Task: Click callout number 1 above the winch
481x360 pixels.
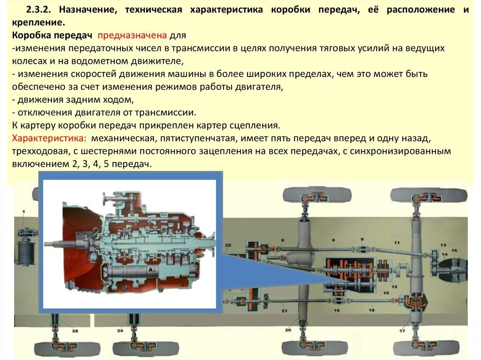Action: click(x=23, y=214)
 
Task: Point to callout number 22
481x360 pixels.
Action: click(x=228, y=245)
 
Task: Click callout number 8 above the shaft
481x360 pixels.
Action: click(x=334, y=240)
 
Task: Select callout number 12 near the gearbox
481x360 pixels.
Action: click(x=394, y=287)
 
